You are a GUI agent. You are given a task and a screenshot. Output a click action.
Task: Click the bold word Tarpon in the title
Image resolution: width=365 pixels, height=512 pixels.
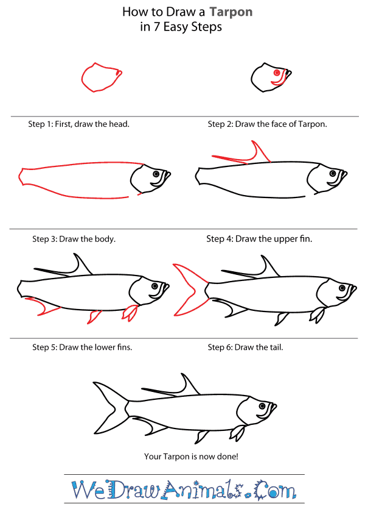click(232, 12)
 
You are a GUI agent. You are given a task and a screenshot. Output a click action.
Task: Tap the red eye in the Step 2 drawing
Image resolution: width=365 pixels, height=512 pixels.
click(277, 73)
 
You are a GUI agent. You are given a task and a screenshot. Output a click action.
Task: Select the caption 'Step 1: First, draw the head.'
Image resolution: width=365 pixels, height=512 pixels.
click(78, 124)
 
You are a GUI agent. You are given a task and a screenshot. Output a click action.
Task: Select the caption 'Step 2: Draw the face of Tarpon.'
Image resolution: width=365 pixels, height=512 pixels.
click(268, 124)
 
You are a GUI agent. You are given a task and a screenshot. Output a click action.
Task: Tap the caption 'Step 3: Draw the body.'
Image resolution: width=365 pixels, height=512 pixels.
click(74, 239)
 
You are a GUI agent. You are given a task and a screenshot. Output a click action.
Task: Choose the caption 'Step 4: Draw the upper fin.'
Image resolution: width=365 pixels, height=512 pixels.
click(259, 239)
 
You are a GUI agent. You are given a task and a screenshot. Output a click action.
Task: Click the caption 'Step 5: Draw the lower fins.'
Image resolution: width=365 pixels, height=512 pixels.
click(82, 347)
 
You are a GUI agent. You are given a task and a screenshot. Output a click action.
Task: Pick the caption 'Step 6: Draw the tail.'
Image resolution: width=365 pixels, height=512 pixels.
click(245, 347)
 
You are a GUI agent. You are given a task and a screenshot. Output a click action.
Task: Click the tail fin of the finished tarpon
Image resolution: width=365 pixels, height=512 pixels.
click(110, 406)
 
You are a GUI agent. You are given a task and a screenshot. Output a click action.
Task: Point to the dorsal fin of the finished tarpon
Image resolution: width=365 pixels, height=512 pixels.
click(186, 384)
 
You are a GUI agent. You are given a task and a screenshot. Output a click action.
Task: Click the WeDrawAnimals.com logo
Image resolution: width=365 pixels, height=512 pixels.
click(183, 490)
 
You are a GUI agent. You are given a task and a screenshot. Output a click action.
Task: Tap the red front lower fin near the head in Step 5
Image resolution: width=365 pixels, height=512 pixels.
click(130, 313)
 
